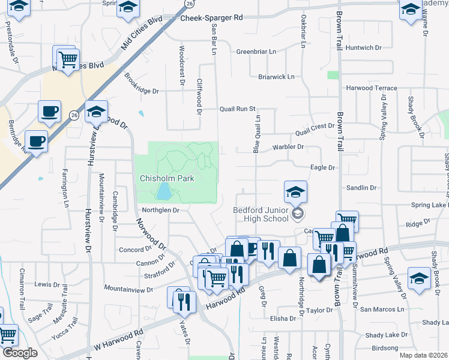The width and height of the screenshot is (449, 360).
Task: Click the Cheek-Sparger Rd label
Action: [212, 19]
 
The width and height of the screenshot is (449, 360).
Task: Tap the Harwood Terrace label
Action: [372, 88]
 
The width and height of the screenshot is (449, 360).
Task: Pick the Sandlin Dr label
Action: [361, 188]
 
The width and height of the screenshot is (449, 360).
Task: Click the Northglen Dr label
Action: [161, 210]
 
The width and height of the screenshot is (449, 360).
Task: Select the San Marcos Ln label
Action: [382, 309]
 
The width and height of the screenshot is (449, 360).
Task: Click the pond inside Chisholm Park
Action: [163, 192]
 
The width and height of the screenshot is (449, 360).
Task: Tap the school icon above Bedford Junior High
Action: [295, 193]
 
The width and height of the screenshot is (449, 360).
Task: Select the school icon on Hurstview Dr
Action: [96, 112]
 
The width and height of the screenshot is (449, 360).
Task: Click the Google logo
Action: [19, 353]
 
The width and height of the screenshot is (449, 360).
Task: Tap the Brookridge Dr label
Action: [142, 91]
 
